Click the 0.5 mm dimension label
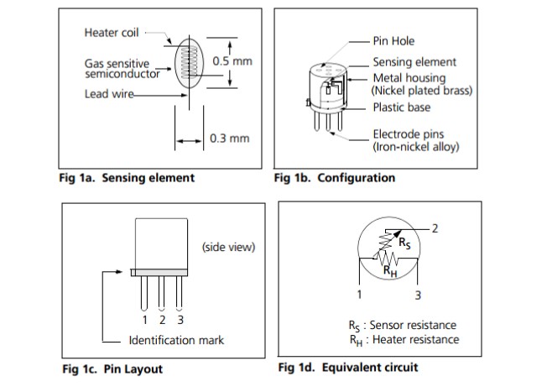(232, 62)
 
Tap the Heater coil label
(112, 33)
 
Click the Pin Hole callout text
(393, 41)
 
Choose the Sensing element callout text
(414, 62)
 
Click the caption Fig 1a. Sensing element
(127, 178)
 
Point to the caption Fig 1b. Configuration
(335, 178)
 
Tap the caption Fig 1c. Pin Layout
(112, 369)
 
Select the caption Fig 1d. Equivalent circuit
(347, 368)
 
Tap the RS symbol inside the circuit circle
(405, 245)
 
